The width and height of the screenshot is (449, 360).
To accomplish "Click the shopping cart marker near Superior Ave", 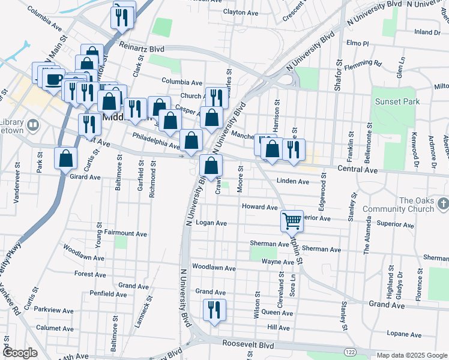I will point(292,220).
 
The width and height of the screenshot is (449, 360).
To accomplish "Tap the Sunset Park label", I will point(397,101).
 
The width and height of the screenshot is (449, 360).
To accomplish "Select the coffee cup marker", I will point(54,79).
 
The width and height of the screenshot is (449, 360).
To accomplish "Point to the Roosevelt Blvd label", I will point(248,346).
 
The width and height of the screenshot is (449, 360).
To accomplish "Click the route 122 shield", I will point(349,349).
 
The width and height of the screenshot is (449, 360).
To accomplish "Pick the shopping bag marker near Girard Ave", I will point(66,159).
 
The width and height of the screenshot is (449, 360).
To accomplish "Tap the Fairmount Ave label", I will point(125,233).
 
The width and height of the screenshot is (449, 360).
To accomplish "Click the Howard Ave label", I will point(259,207).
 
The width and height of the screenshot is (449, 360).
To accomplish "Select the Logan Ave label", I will point(211,223).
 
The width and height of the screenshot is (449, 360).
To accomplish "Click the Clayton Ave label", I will point(240,12).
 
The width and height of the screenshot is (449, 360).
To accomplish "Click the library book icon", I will point(33,126).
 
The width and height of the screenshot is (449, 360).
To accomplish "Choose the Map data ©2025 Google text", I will point(411,355).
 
